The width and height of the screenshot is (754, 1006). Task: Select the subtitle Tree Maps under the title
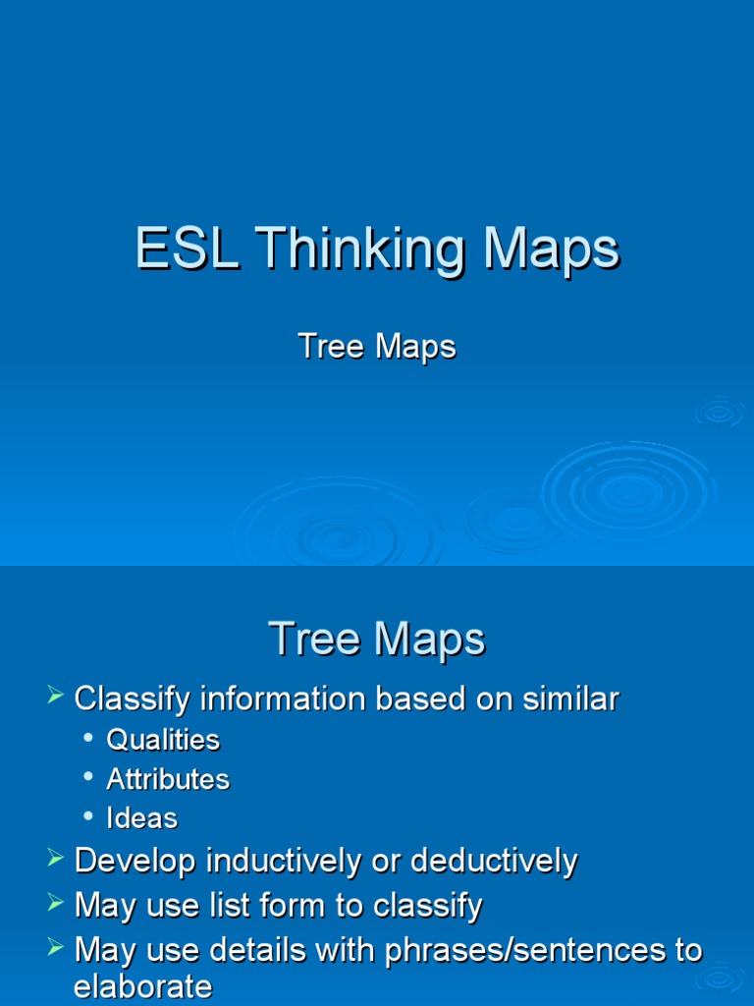(x=377, y=347)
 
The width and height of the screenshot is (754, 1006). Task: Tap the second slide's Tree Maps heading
(x=377, y=640)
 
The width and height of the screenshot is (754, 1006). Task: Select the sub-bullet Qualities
(x=163, y=740)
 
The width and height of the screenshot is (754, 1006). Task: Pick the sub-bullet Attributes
(x=168, y=779)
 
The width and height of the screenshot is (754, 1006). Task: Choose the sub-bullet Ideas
(x=141, y=818)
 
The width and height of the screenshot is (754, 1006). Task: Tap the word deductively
(x=494, y=862)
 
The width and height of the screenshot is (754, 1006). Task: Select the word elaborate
(x=143, y=986)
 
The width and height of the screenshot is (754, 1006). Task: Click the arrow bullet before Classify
(x=55, y=699)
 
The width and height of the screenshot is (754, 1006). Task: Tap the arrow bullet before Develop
(x=55, y=860)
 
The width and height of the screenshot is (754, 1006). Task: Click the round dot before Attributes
(x=89, y=777)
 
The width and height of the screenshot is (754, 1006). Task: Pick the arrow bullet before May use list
(x=55, y=904)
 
